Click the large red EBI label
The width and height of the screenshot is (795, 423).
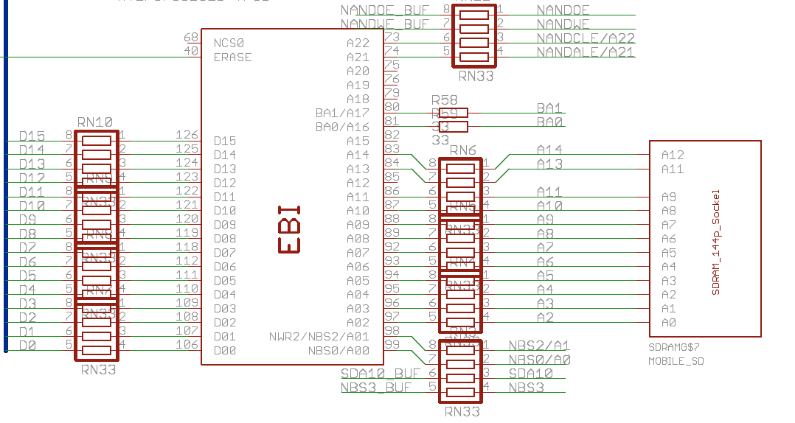pos(289,229)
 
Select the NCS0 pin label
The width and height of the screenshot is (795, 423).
pos(229,43)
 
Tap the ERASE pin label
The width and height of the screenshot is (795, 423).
pos(233,57)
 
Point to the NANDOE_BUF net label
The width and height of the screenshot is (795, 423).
pos(385,10)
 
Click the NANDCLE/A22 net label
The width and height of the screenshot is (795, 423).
pos(586,38)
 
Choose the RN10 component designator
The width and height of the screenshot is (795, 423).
pos(94,122)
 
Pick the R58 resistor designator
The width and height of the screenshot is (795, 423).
pos(445,100)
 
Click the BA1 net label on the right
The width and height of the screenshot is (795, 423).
pos(550,108)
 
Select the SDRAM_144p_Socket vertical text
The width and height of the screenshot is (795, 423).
pos(715,242)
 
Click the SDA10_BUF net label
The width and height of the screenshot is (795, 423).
pos(381,374)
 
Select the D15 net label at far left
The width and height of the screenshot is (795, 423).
pos(32,136)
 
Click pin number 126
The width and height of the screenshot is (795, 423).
pos(187,135)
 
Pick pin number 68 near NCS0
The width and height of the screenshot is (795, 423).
pos(191,38)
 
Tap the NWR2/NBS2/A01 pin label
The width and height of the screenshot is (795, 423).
pos(319,337)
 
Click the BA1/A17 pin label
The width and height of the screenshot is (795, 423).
pos(342,113)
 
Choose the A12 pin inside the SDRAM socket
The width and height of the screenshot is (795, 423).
pos(673,155)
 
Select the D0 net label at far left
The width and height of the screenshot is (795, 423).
pos(27,346)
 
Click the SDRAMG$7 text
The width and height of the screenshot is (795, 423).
pos(673,346)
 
